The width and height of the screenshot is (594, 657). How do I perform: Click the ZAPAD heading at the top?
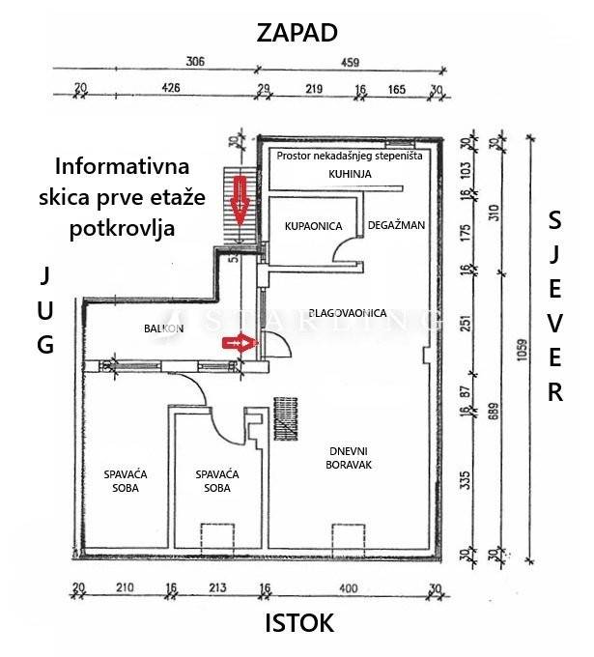(x=297, y=32)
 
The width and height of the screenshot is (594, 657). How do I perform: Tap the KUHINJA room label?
(x=349, y=174)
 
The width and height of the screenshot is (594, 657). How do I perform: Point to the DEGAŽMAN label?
(x=396, y=225)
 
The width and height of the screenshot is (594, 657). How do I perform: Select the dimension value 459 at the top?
(x=349, y=63)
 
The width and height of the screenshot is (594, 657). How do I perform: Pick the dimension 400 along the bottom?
(x=348, y=586)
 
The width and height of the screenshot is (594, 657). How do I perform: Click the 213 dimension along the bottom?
(x=215, y=586)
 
